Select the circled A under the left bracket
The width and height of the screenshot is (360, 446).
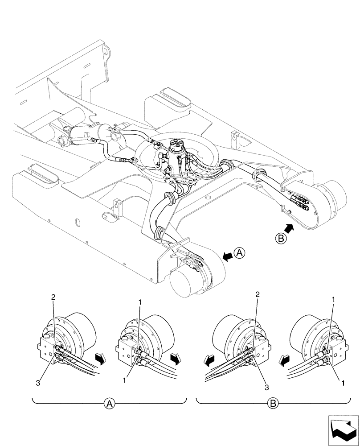pyautogui.click(x=108, y=404)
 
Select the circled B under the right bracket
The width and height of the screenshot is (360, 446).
pyautogui.click(x=273, y=404)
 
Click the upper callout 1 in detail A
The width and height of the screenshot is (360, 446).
pyautogui.click(x=140, y=302)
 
